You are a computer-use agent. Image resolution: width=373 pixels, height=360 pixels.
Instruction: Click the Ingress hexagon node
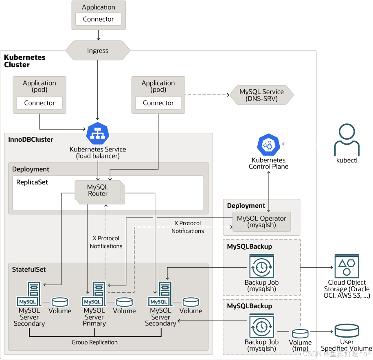coord(98,50)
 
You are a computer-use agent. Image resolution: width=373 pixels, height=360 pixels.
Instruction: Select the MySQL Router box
coord(98,190)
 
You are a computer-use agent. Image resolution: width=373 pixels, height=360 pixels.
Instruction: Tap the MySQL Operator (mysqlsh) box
coord(261,222)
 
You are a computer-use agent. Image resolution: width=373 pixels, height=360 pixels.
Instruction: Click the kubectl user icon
coord(347,140)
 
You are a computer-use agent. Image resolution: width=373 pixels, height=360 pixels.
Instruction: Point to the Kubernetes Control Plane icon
coord(268,144)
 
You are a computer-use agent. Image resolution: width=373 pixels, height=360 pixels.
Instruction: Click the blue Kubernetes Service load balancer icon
coord(98,133)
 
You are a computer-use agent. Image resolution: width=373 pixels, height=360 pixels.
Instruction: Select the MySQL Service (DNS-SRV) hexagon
coord(261,95)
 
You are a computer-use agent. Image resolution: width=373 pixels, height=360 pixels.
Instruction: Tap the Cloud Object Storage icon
coord(347,266)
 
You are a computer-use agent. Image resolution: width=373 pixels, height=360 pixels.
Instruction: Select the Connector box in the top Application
coord(98,19)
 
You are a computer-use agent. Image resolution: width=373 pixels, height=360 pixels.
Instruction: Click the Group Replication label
coord(94,342)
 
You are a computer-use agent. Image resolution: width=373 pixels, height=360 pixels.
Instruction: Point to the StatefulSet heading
coord(29,270)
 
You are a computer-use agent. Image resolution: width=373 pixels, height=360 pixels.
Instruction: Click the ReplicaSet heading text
coord(32,182)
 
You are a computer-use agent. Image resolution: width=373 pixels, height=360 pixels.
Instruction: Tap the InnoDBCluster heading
coord(31,139)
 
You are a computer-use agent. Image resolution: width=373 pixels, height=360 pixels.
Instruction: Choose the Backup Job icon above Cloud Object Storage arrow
coord(261,266)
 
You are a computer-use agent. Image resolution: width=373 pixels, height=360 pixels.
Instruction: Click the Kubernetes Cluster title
coord(25,61)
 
